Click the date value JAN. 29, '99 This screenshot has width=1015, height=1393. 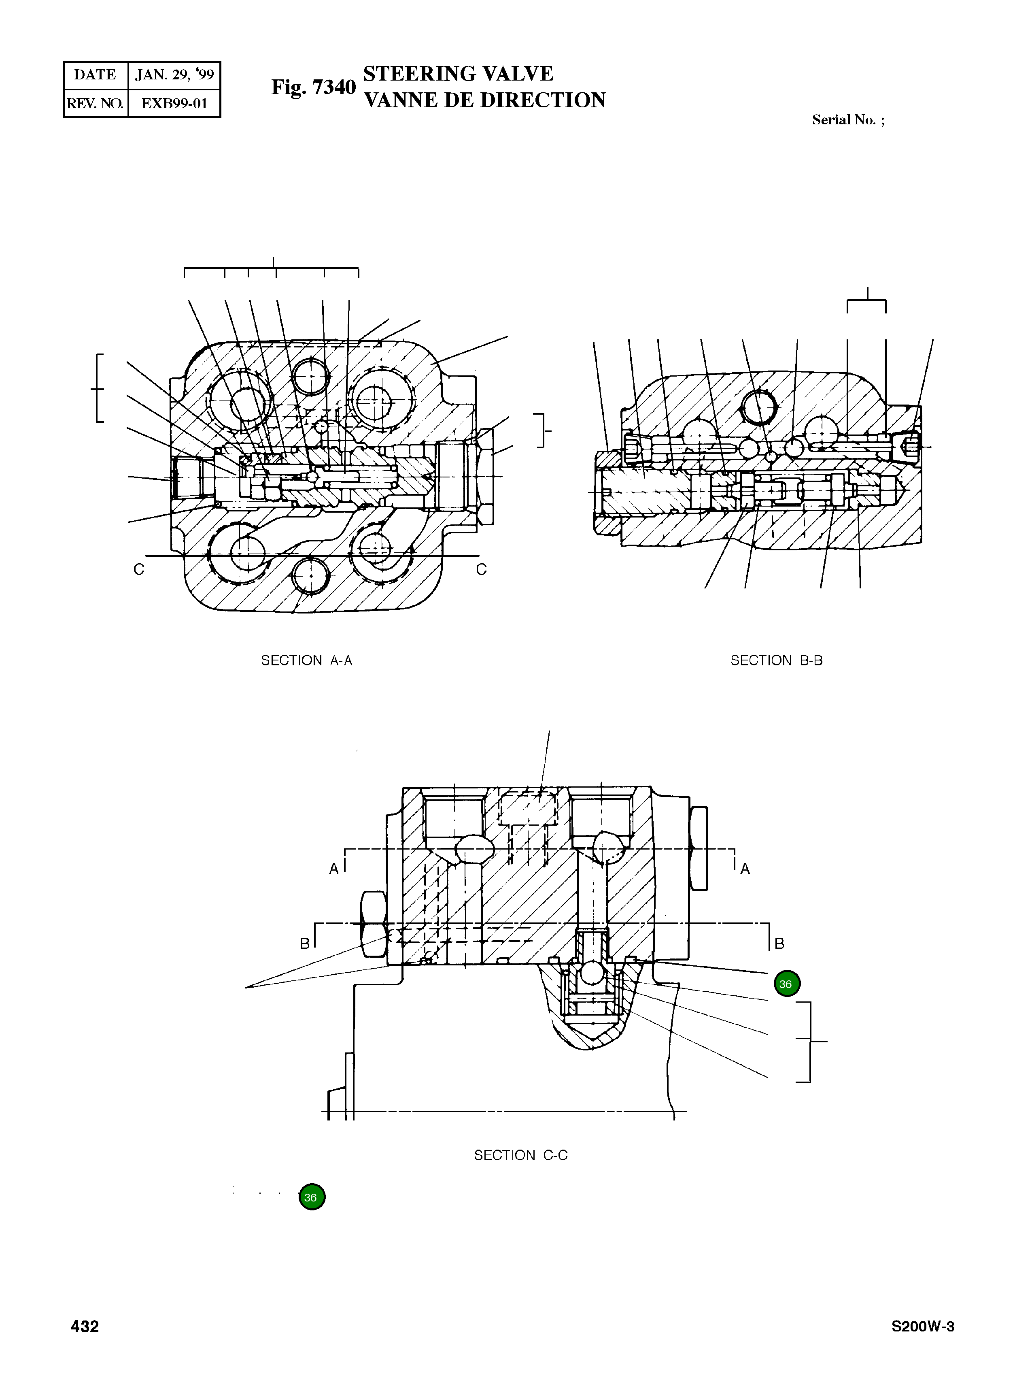(174, 75)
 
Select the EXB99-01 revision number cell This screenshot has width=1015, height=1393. (174, 103)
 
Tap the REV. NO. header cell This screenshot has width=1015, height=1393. (95, 103)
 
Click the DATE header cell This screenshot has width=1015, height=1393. (95, 75)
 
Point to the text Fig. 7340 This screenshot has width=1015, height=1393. (313, 87)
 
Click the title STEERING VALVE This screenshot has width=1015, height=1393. (458, 74)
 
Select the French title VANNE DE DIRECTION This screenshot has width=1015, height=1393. (484, 100)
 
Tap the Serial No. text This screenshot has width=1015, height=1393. (848, 120)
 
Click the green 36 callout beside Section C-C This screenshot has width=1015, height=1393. (786, 984)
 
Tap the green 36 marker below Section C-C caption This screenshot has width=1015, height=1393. (312, 1197)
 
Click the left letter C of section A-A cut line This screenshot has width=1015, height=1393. (139, 570)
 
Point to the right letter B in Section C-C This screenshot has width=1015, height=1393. (779, 944)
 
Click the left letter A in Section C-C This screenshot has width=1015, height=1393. (333, 869)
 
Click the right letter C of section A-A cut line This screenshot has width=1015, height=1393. (481, 570)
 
